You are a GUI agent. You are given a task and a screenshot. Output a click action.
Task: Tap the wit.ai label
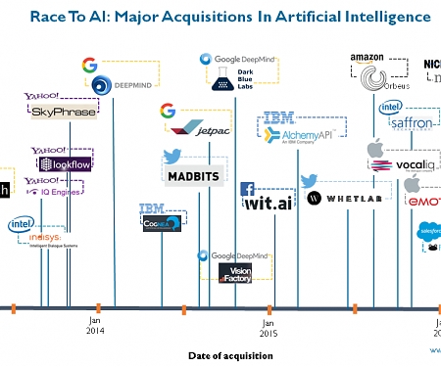point(268,204)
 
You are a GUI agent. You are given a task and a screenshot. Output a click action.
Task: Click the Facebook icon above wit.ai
point(248,189)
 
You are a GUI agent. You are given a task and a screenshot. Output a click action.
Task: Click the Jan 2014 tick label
point(95,326)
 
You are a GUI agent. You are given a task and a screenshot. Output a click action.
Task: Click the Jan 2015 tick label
point(268,326)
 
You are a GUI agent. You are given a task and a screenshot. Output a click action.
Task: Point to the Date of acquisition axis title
point(230,355)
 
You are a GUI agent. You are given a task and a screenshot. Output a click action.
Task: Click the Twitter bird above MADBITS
point(172,155)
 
